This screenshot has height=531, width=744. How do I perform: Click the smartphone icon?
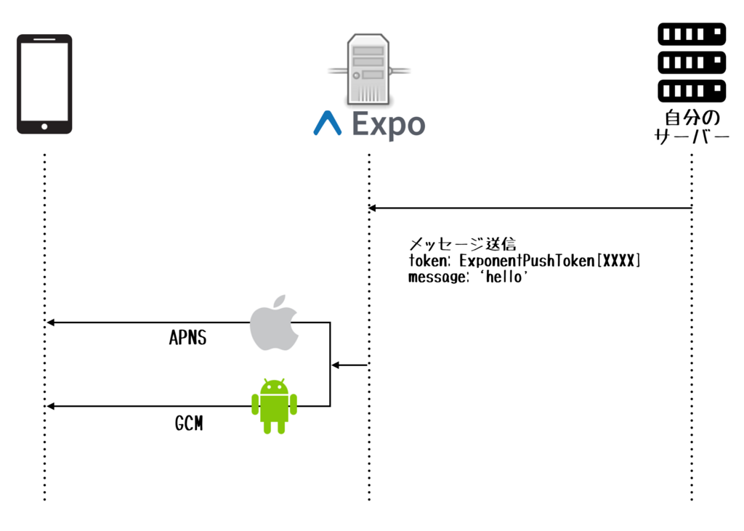pos(44,84)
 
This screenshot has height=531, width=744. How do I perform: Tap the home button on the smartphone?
pos(44,126)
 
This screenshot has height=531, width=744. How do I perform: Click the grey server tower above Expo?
pos(368,70)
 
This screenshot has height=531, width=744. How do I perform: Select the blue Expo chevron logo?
pos(327,124)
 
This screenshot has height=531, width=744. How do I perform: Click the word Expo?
pos(388,125)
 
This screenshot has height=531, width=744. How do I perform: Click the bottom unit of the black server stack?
pos(691,90)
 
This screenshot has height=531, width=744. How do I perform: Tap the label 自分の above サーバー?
pos(691,118)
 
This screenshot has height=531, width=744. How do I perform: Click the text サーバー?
pos(691,137)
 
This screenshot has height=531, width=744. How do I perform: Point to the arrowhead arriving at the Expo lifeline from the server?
pos(372,208)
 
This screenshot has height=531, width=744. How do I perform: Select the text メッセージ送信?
pos(462,244)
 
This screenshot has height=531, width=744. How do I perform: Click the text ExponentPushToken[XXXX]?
pos(550,261)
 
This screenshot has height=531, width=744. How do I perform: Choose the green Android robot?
pos(274,406)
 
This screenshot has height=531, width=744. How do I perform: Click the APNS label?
pos(187,338)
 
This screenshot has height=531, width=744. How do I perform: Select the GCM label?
pos(189,423)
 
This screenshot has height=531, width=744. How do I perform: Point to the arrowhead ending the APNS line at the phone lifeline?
pos(50,323)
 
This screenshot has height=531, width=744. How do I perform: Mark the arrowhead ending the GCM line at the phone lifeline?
pos(50,406)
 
